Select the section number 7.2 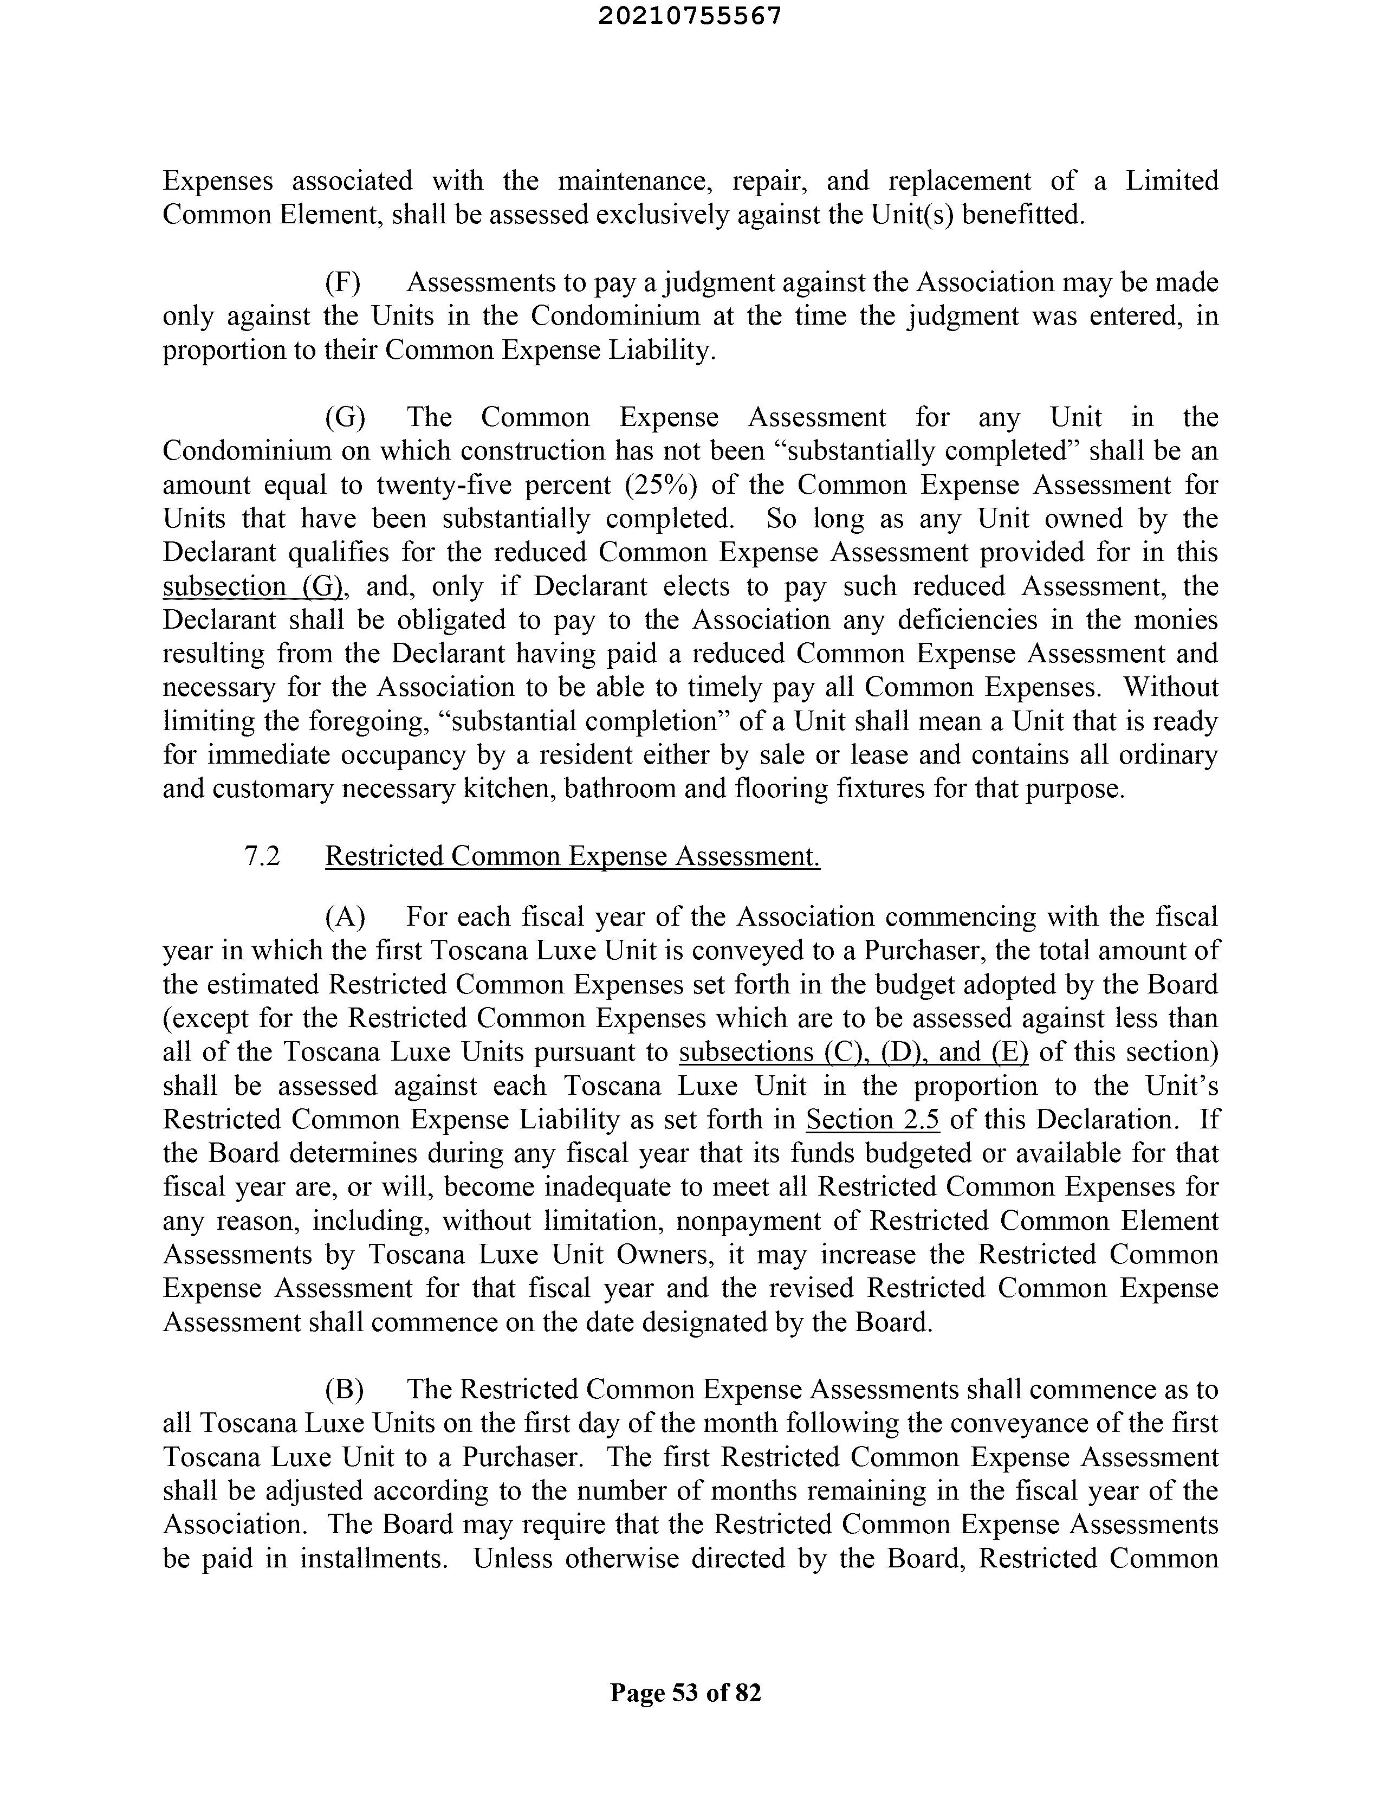[262, 856]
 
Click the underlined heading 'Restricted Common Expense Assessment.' [573, 856]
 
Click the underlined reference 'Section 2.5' [873, 1119]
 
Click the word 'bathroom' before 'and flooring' [611, 788]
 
